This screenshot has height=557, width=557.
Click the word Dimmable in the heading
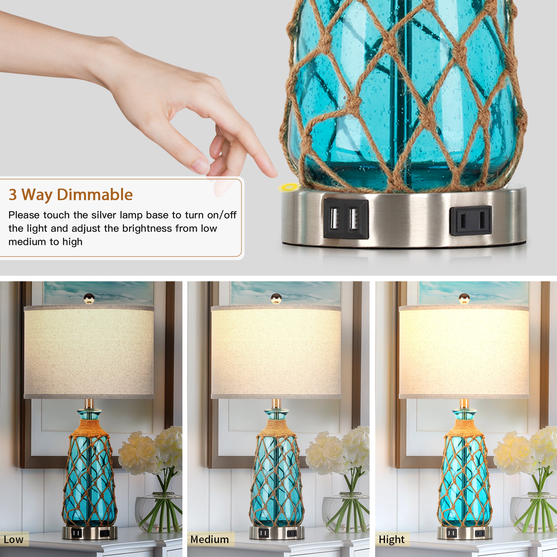[x=95, y=195]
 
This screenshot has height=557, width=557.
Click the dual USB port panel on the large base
[x=346, y=219]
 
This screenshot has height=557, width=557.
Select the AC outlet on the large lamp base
[x=470, y=221]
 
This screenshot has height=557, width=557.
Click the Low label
[x=14, y=539]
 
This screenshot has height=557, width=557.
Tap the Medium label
[x=210, y=539]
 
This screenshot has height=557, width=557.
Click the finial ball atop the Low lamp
[x=89, y=298]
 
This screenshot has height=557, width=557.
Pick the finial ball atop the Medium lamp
[x=276, y=298]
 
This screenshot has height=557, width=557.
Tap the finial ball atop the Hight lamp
[x=464, y=298]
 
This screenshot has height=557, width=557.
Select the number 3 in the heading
[x=13, y=195]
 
